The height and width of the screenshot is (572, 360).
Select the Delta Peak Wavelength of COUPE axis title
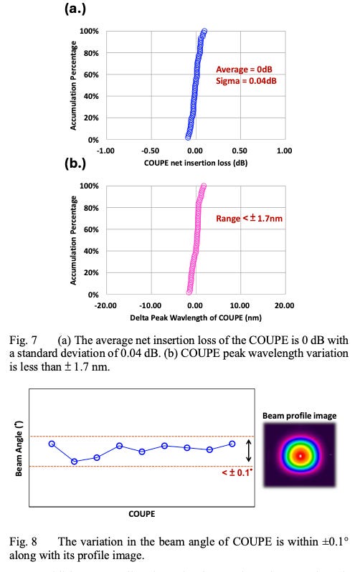194,316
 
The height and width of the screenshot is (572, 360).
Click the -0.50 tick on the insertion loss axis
150,151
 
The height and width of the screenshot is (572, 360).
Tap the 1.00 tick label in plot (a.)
284,151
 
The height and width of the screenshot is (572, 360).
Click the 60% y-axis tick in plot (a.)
90,75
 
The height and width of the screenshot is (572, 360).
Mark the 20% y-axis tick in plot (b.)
90,273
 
